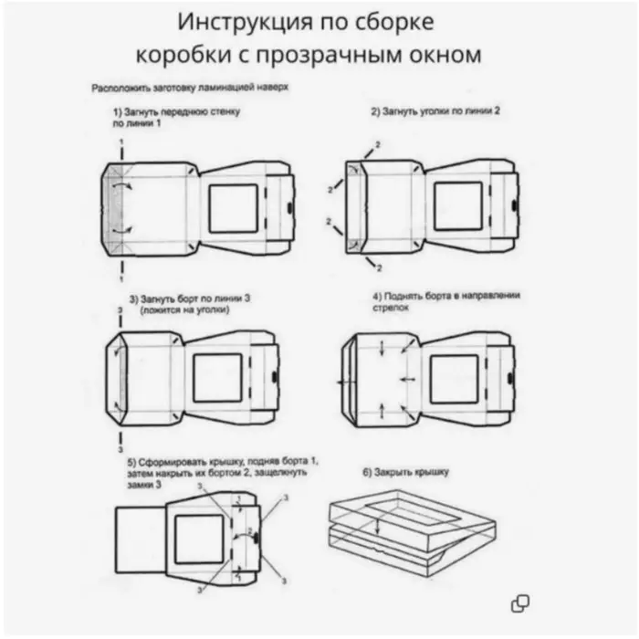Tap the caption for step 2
(435, 110)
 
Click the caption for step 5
(224, 474)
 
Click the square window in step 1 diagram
(234, 209)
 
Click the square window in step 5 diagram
(199, 539)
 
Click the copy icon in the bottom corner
(520, 602)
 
